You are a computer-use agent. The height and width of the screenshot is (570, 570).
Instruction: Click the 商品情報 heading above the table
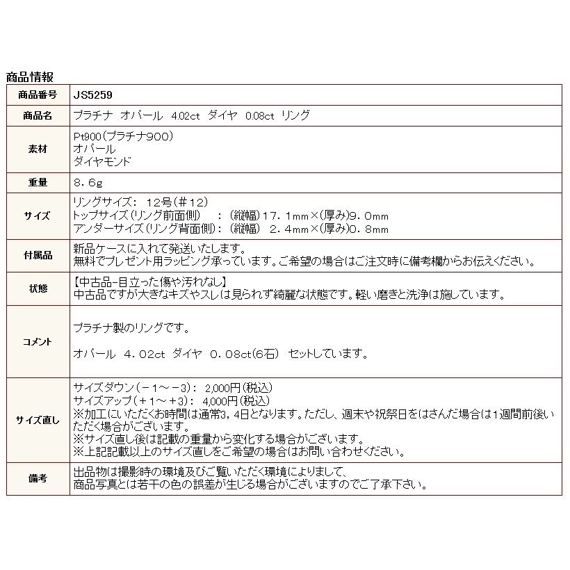tap(29, 77)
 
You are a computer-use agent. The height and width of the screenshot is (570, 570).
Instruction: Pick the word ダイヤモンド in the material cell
tap(101, 161)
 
